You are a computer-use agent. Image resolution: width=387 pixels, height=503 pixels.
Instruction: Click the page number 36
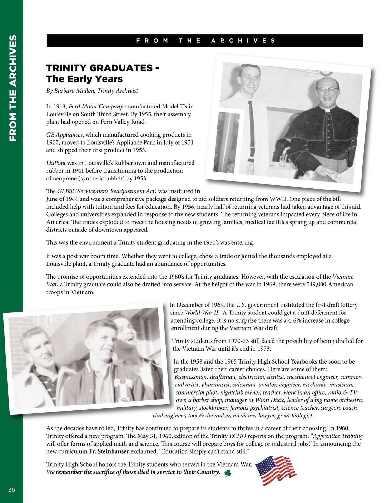coord(12,490)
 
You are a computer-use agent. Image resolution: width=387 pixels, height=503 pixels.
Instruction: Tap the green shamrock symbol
coord(228,473)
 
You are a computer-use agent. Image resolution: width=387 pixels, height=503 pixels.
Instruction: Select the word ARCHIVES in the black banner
coord(243,41)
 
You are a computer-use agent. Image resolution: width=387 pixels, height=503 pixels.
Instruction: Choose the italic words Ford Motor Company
coord(96,106)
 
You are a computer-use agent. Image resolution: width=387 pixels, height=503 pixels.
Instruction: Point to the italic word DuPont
coord(56,163)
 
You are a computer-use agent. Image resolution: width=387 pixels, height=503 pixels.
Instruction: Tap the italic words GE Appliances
coord(64,135)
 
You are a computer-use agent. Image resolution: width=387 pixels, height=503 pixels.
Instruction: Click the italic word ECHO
coord(238,436)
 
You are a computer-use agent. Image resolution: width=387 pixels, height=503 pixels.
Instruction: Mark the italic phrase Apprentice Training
coord(338,436)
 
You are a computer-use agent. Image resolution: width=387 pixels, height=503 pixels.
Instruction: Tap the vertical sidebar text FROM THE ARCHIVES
coord(13,88)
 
